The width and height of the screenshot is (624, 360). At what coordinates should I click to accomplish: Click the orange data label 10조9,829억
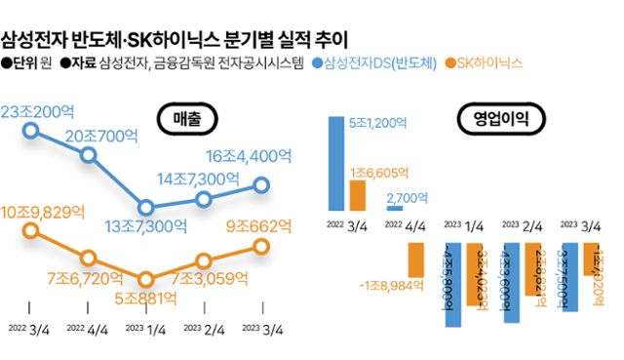(45, 210)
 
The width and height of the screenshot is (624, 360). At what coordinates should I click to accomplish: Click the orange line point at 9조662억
(261, 246)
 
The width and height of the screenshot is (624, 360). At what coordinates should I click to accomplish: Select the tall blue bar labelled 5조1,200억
(335, 163)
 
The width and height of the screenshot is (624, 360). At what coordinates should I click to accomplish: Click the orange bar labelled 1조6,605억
(358, 195)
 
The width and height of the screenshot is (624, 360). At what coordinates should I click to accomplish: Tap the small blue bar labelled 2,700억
(394, 207)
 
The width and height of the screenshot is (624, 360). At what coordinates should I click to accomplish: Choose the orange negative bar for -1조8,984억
(416, 259)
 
